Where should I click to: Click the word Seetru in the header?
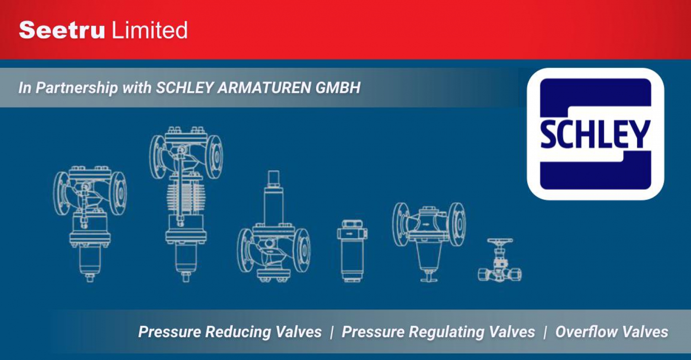click(62, 30)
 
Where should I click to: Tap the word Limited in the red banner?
click(149, 30)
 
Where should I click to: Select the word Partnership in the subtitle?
click(77, 88)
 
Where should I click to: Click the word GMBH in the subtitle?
click(338, 88)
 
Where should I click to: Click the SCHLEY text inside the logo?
click(596, 134)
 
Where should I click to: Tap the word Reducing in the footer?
click(238, 332)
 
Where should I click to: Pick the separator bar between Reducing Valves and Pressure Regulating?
click(332, 333)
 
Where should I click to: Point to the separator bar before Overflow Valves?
click(545, 333)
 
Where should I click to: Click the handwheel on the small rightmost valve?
click(500, 241)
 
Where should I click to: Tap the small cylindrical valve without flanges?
click(352, 251)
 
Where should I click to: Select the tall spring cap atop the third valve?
click(274, 198)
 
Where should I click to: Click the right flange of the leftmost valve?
click(118, 193)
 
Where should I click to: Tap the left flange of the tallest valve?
click(157, 157)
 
